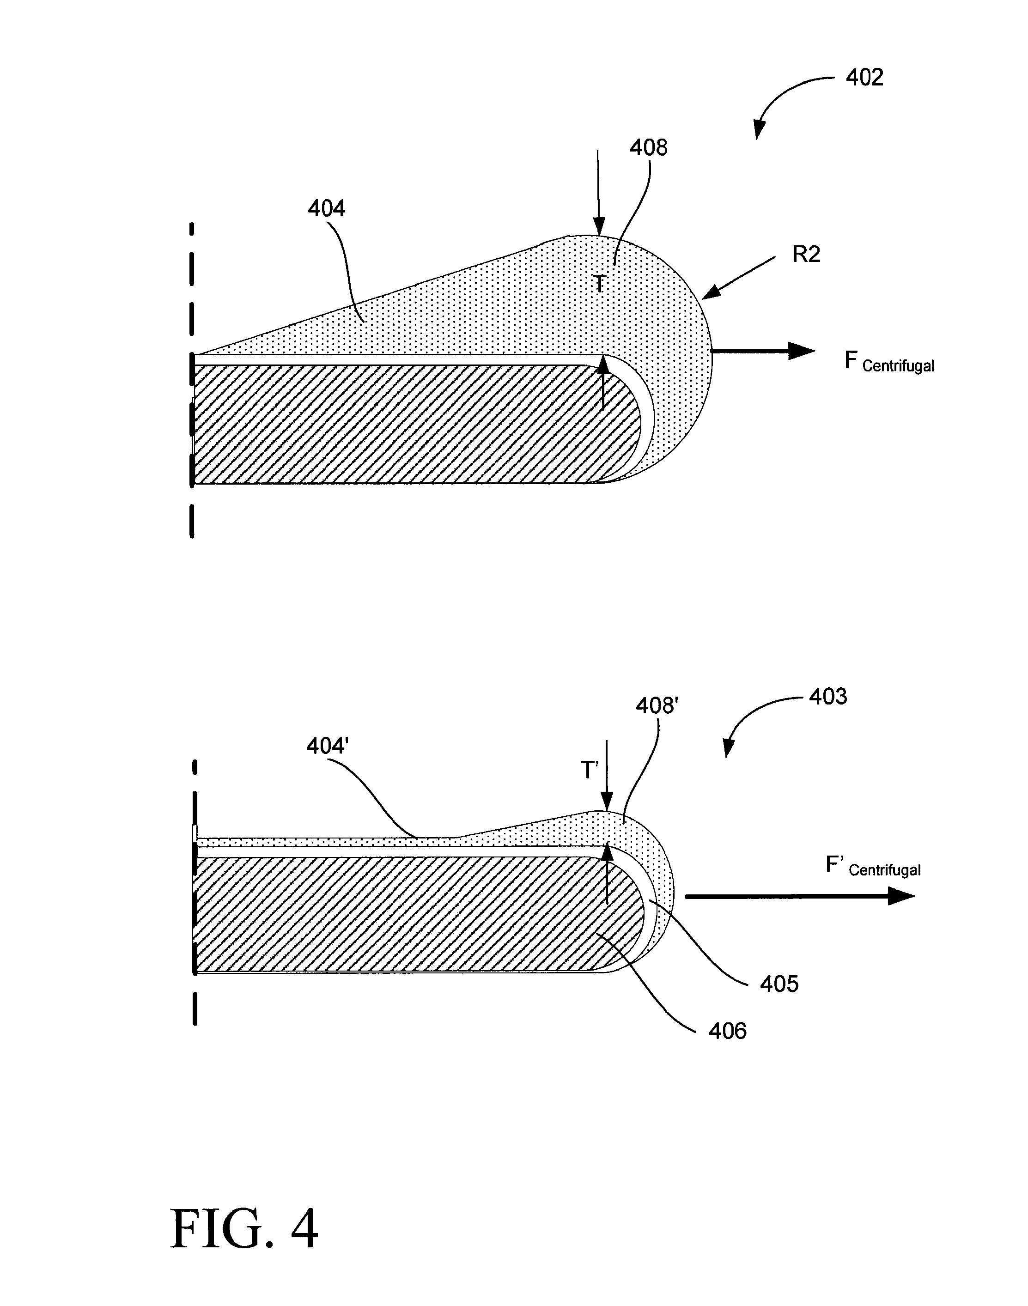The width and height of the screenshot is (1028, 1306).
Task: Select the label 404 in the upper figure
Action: pos(326,208)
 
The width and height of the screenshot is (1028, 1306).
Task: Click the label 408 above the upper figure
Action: pos(648,147)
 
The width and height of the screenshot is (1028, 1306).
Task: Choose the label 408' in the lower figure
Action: pos(657,705)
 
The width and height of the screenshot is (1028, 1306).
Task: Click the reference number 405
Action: pos(779,984)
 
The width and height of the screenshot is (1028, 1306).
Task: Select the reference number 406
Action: pos(727,1031)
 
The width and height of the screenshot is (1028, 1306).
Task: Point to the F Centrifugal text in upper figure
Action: pos(888,362)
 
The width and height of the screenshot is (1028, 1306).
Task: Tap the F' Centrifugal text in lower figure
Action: pos(872,867)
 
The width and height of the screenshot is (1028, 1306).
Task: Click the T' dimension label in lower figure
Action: pos(589,771)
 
